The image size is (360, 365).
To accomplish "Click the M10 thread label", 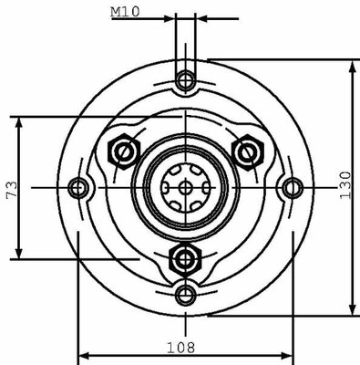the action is (x=125, y=12).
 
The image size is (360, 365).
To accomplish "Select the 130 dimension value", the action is (x=345, y=185).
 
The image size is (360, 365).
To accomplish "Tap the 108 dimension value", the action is (x=180, y=348).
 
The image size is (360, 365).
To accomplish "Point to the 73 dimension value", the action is (x=12, y=190).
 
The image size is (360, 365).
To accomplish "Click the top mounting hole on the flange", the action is (x=185, y=80).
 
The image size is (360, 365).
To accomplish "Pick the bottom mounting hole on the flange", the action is (x=185, y=295).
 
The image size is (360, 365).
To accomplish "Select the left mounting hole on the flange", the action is (x=78, y=188).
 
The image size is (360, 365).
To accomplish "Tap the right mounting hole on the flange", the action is (x=293, y=188).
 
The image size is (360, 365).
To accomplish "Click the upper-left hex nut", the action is (x=124, y=151).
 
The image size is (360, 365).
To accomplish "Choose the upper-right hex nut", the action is (x=248, y=152).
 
